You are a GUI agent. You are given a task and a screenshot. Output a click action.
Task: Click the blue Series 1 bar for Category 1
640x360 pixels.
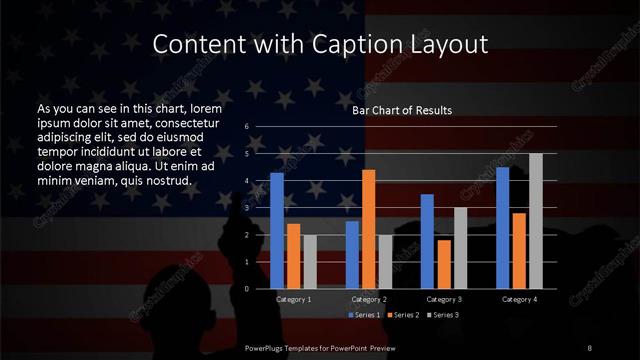[277, 231]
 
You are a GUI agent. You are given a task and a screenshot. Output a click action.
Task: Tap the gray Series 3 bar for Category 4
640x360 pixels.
[535, 221]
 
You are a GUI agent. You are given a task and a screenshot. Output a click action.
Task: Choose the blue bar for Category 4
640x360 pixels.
[502, 228]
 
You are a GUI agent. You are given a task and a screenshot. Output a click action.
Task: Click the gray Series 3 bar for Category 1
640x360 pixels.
[310, 262]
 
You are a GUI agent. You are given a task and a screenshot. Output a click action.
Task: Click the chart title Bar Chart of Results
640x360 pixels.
[402, 110]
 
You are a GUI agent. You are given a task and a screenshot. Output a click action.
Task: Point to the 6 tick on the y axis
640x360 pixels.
[247, 128]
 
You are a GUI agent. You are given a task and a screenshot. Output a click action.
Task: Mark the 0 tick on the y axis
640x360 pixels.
[247, 289]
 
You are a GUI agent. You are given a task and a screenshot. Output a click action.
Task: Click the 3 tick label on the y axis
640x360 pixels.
[247, 208]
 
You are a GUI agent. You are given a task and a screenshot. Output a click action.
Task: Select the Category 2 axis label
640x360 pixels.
[369, 299]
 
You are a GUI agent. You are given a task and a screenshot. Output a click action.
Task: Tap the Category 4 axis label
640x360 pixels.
[519, 299]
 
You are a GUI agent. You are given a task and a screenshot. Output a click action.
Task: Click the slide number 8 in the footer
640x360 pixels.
[590, 347]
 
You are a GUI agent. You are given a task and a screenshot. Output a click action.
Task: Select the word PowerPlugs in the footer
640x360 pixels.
[267, 347]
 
